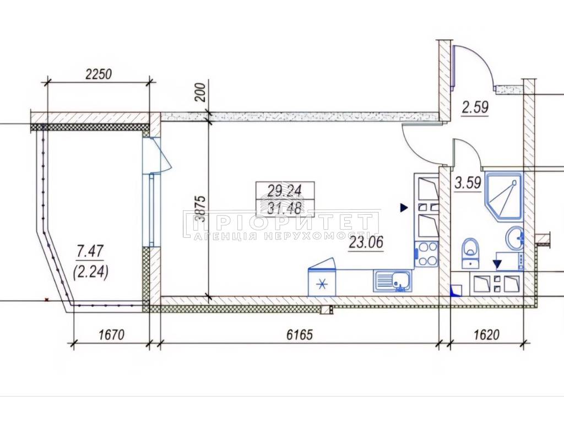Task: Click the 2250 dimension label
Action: tap(99, 74)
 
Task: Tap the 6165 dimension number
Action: tap(300, 335)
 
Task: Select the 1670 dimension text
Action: tap(111, 335)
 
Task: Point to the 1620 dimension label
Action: tap(487, 335)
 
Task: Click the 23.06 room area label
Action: tap(366, 243)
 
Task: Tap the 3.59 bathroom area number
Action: tap(468, 183)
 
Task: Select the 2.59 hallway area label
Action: tap(475, 107)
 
